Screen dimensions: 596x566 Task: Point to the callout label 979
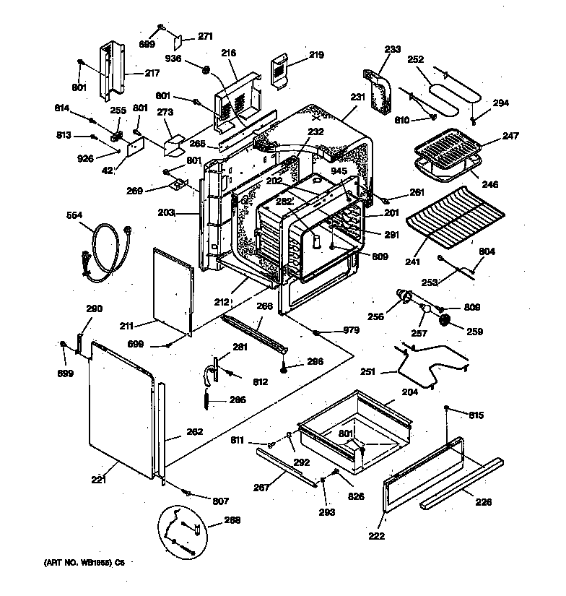(351, 332)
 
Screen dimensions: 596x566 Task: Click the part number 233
(392, 49)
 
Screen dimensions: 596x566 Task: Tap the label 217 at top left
(152, 72)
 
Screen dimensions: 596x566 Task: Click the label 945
(339, 170)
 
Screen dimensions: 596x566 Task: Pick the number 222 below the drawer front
(375, 535)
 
